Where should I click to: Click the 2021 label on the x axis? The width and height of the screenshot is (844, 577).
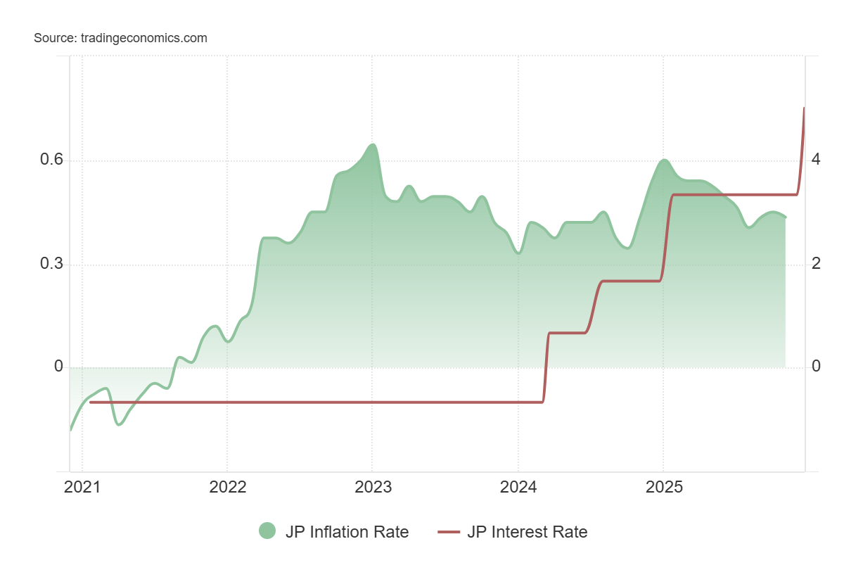point(82,488)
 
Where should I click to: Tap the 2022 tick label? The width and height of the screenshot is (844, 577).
point(227,488)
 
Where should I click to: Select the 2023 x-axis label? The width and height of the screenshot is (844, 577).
point(372,488)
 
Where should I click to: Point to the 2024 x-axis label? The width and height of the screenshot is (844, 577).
point(518,488)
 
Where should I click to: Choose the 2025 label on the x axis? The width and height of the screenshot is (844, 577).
point(663,488)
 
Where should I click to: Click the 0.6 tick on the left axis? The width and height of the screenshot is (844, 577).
point(51,160)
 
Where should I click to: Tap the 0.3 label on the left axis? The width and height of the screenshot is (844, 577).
point(51,264)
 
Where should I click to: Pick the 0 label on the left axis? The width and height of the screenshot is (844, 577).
point(59,367)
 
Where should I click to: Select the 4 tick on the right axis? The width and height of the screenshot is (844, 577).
point(815,160)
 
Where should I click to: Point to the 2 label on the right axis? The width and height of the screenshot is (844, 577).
point(815,264)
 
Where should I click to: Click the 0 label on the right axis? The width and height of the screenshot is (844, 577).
point(815,367)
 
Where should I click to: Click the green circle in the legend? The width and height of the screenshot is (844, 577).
point(267,532)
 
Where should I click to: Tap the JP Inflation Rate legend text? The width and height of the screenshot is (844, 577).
point(347,532)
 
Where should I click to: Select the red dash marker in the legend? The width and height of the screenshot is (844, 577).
point(448,532)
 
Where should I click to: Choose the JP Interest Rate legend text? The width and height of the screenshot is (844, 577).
point(527,532)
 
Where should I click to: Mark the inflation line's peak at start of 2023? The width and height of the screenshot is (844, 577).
point(373,145)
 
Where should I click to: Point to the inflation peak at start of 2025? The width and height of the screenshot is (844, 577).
point(663,160)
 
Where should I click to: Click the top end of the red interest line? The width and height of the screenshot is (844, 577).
point(804,108)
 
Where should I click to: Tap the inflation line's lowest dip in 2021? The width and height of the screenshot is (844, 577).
point(119,424)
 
